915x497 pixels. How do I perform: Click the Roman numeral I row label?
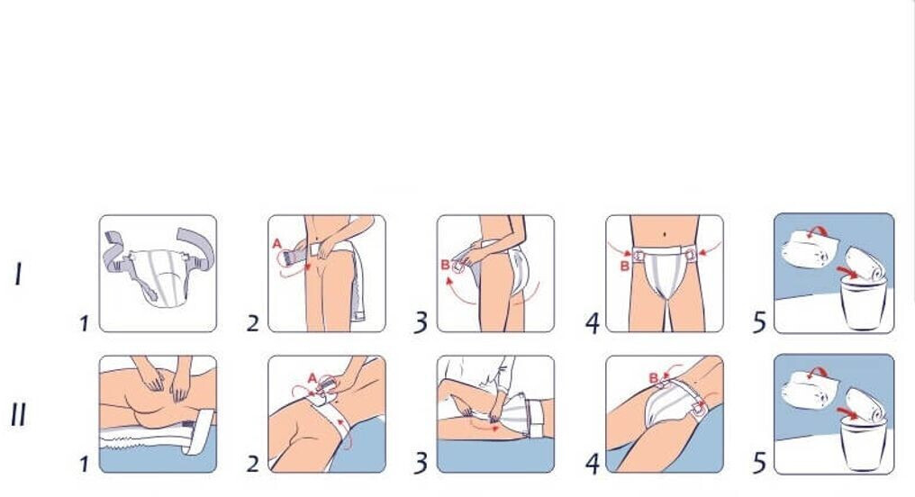coord(19,275)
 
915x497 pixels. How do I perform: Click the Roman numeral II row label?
coord(18,415)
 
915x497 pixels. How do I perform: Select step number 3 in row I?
coord(421,322)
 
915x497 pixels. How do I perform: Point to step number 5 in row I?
coord(759,322)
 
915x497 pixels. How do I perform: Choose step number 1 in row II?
coord(85,465)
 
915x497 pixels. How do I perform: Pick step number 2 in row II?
coord(253,464)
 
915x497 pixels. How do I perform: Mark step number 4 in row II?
coord(593,464)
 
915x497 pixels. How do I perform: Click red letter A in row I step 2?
coord(277,244)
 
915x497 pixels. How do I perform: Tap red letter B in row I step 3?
coord(445,266)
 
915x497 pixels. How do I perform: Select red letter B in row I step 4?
coord(624,266)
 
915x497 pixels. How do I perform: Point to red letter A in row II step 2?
coord(313,378)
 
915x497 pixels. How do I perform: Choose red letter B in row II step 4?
coord(654,378)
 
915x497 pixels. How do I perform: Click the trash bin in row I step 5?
coord(863,303)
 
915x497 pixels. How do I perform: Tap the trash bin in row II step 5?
coord(863,445)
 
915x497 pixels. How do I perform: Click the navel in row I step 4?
coord(666,234)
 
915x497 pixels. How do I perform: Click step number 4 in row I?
coord(593,322)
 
